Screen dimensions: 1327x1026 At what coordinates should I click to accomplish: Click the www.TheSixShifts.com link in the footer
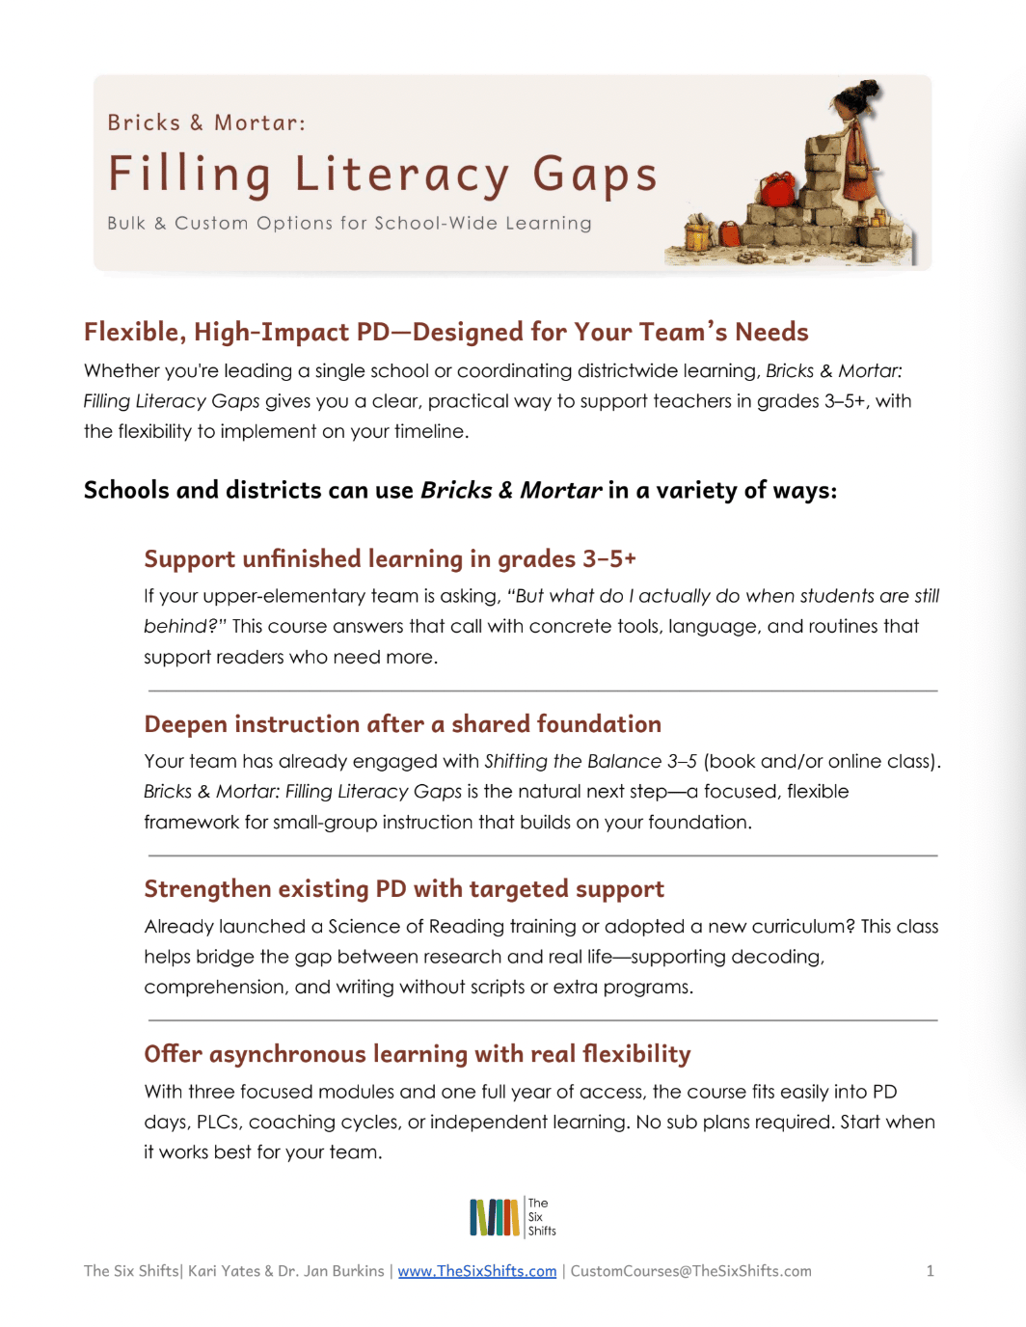click(477, 1271)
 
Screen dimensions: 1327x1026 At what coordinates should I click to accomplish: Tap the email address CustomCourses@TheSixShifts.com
click(690, 1271)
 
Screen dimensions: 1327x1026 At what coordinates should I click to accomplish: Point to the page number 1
click(930, 1271)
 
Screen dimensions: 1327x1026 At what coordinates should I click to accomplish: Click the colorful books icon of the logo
click(494, 1217)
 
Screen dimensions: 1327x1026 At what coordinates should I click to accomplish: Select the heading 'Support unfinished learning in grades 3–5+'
click(390, 559)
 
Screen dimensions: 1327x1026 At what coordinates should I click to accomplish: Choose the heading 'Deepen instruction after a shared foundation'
click(402, 724)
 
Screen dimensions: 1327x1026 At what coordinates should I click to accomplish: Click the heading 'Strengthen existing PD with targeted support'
click(404, 889)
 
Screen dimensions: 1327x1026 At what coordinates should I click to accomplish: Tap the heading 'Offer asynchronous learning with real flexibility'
click(417, 1054)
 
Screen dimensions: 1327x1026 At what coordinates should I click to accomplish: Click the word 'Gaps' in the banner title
click(595, 176)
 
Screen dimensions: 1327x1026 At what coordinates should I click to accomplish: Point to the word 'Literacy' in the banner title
click(401, 176)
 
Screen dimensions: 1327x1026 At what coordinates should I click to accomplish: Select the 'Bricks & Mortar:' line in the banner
click(206, 123)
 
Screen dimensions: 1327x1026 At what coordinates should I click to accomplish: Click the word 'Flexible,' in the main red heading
click(134, 333)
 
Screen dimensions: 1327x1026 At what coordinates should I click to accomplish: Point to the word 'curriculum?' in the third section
click(803, 927)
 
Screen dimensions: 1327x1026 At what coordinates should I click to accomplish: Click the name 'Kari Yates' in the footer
click(224, 1271)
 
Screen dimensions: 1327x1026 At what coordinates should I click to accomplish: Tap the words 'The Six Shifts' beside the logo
click(541, 1217)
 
